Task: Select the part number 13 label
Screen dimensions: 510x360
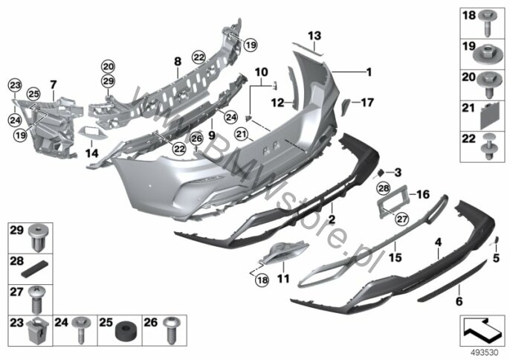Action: tap(314, 36)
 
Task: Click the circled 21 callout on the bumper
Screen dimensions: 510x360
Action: tap(242, 134)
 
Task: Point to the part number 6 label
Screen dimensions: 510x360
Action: tap(459, 301)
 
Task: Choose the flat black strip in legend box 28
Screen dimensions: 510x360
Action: tap(35, 269)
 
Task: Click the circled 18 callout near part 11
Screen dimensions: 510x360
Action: tap(262, 280)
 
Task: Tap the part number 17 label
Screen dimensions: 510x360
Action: tap(367, 103)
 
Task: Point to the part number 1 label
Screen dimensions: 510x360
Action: tap(369, 72)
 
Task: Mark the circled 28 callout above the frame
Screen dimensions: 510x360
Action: tap(384, 188)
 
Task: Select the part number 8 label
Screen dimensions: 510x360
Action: tap(178, 61)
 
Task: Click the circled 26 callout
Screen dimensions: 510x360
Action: tap(196, 139)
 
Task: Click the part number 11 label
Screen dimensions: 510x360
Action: tap(283, 279)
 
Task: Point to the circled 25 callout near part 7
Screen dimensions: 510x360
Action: tap(33, 94)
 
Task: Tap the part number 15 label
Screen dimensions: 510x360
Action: tap(396, 257)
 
